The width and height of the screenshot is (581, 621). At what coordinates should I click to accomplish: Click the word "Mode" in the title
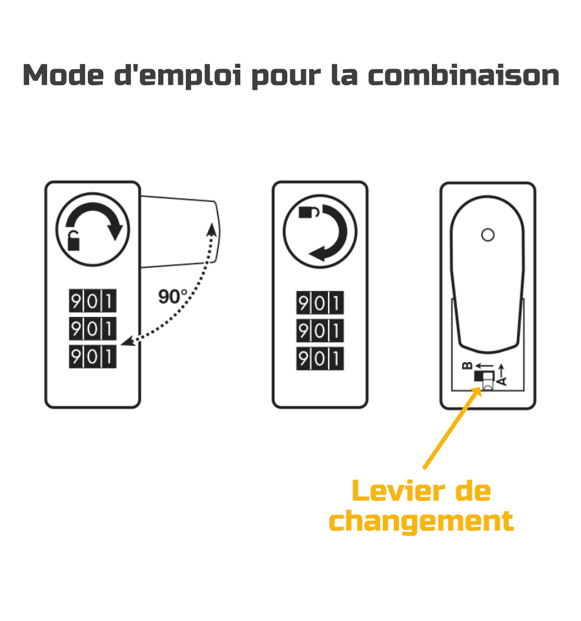click(x=63, y=75)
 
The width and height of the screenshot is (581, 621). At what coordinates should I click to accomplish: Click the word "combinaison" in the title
click(x=464, y=75)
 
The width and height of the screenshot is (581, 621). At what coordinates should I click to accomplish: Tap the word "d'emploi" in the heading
click(x=178, y=76)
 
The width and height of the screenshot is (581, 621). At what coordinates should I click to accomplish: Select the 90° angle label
click(x=172, y=296)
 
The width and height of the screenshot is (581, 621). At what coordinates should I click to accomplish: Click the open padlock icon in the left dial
click(x=73, y=240)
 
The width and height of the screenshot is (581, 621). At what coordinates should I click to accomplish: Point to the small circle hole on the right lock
click(x=487, y=235)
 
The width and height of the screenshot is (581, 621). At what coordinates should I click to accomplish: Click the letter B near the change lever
click(x=467, y=365)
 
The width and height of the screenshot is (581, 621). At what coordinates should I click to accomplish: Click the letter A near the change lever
click(x=502, y=382)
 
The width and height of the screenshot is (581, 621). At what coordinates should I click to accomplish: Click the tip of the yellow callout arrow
click(x=481, y=387)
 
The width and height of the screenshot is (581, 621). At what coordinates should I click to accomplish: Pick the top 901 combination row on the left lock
click(x=93, y=301)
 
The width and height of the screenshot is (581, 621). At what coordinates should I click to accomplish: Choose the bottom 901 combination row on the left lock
click(x=93, y=356)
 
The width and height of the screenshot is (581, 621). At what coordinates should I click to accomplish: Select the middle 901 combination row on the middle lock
click(x=320, y=331)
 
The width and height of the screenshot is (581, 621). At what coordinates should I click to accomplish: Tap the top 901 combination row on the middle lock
click(x=320, y=303)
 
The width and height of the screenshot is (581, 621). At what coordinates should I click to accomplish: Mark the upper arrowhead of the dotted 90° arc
click(x=212, y=229)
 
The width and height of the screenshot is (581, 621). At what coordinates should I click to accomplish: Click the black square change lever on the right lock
click(x=478, y=376)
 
